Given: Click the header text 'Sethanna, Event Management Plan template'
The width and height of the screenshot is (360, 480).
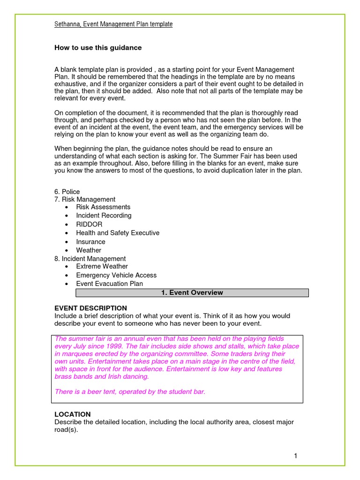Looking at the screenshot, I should pos(113,24).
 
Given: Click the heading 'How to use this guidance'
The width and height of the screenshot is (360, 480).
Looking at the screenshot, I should pos(98,48).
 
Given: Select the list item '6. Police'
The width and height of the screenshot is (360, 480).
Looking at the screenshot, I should pos(67,191).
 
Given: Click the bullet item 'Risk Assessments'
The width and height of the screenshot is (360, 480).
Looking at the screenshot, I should pos(103,207).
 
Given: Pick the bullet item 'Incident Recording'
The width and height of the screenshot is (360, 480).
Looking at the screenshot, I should pos(104,216).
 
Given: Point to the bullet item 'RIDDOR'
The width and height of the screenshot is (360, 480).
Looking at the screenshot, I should pos(89,224).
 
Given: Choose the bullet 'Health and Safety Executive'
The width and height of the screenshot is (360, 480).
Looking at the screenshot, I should pos(118,233).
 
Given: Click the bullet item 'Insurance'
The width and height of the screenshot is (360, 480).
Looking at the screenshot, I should pos(90,242).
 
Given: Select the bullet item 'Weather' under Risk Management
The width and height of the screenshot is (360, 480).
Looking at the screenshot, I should pos(89,250).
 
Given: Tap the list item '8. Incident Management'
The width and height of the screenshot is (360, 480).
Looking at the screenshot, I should pos(90,258).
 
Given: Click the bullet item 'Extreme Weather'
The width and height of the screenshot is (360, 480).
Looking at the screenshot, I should pos(102,266).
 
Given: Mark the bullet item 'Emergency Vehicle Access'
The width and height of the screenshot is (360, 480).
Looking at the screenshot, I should pos(116,275).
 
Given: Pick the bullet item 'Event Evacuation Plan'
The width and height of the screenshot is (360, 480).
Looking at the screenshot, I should pos(109,284).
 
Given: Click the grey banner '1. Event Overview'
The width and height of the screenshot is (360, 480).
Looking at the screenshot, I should pos(192,292).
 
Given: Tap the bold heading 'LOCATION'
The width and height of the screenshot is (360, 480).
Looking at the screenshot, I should pos(73,414).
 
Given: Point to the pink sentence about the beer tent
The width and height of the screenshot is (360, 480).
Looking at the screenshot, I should pos(130,391).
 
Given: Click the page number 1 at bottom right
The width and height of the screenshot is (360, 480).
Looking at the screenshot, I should pos(296,456).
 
